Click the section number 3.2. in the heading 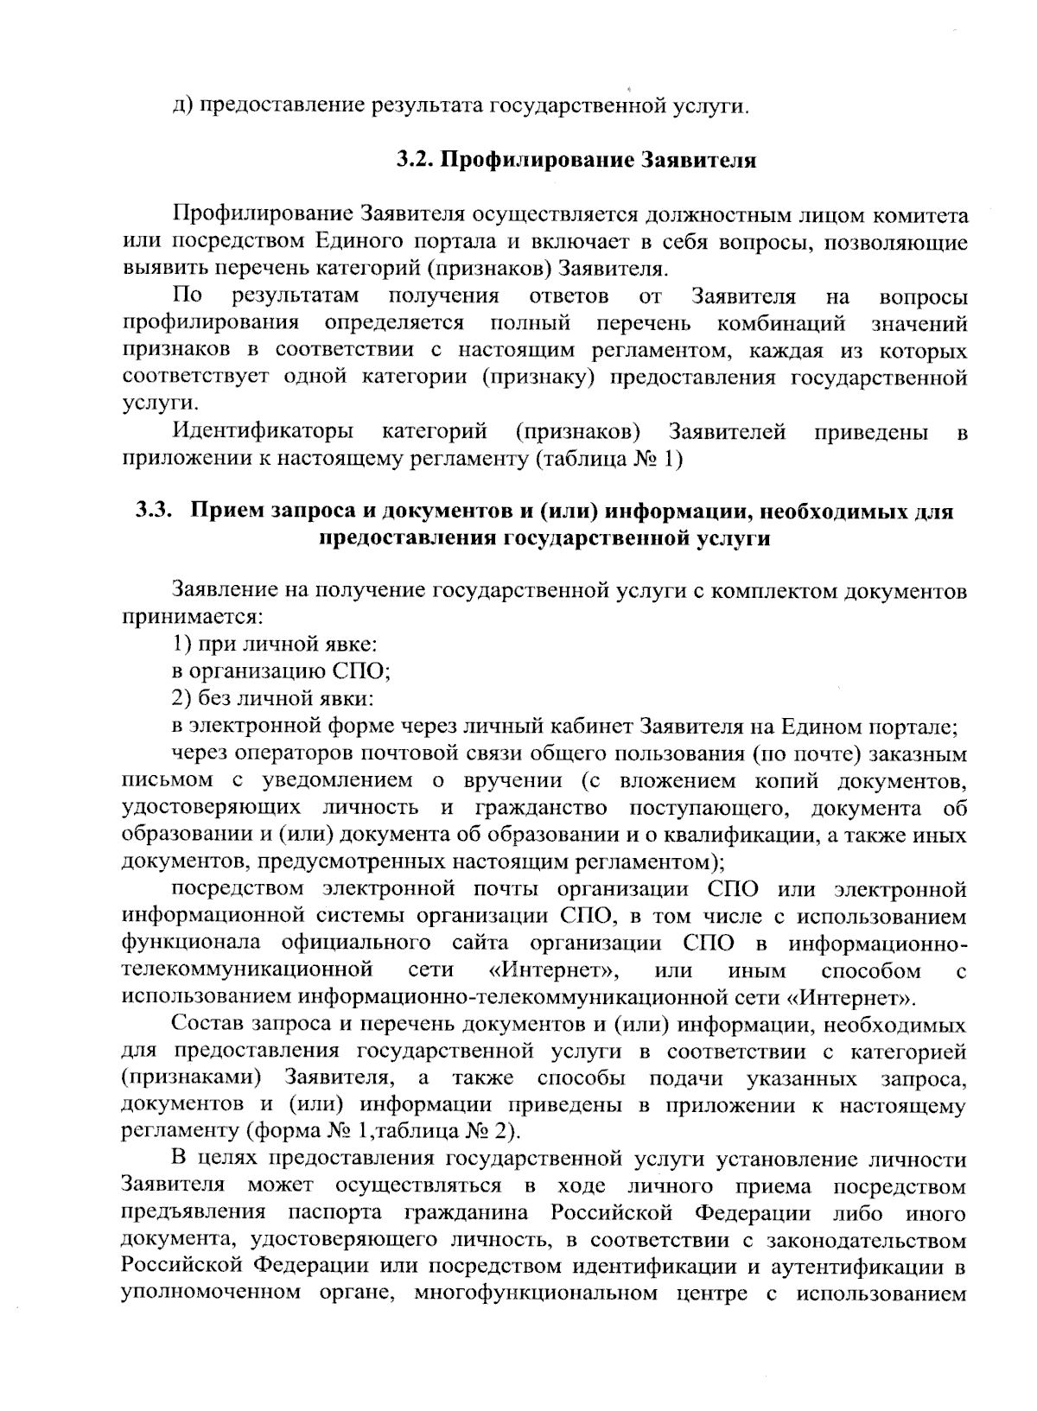click(417, 161)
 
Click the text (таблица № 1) click(610, 458)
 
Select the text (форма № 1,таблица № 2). click(385, 1130)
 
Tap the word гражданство click(542, 809)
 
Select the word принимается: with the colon click(192, 617)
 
